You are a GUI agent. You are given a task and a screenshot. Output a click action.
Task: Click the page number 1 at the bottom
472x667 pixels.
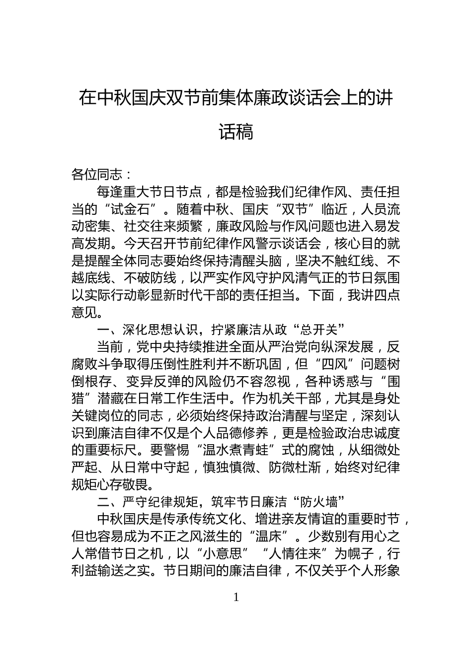(x=236, y=597)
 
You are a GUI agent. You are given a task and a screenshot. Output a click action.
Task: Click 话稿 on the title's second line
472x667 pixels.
(x=236, y=132)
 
